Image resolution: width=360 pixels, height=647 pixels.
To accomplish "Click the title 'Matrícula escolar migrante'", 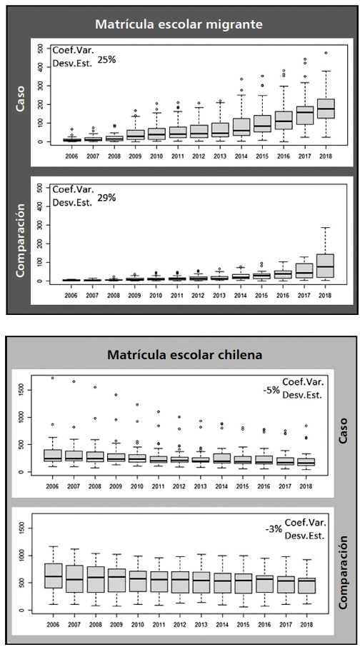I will pos(180,24).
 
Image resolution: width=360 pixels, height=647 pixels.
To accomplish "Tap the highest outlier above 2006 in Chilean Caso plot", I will pos(52,378).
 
